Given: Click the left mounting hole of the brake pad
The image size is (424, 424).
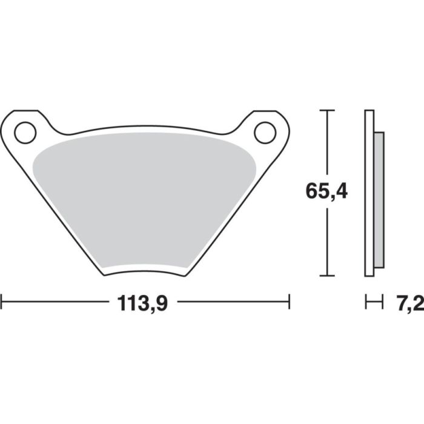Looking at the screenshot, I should (25, 133).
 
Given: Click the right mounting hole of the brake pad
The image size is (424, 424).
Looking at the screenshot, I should (265, 133).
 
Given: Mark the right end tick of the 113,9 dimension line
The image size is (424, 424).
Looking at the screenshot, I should (290, 301).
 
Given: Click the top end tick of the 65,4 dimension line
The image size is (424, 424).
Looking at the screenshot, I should (327, 111).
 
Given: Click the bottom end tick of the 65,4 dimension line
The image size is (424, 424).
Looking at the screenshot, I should (327, 276).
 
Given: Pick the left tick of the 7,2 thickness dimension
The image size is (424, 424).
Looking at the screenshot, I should (366, 301).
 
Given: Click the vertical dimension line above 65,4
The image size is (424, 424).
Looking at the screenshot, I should (327, 145).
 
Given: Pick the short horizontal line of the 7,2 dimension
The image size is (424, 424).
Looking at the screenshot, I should (374, 301).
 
